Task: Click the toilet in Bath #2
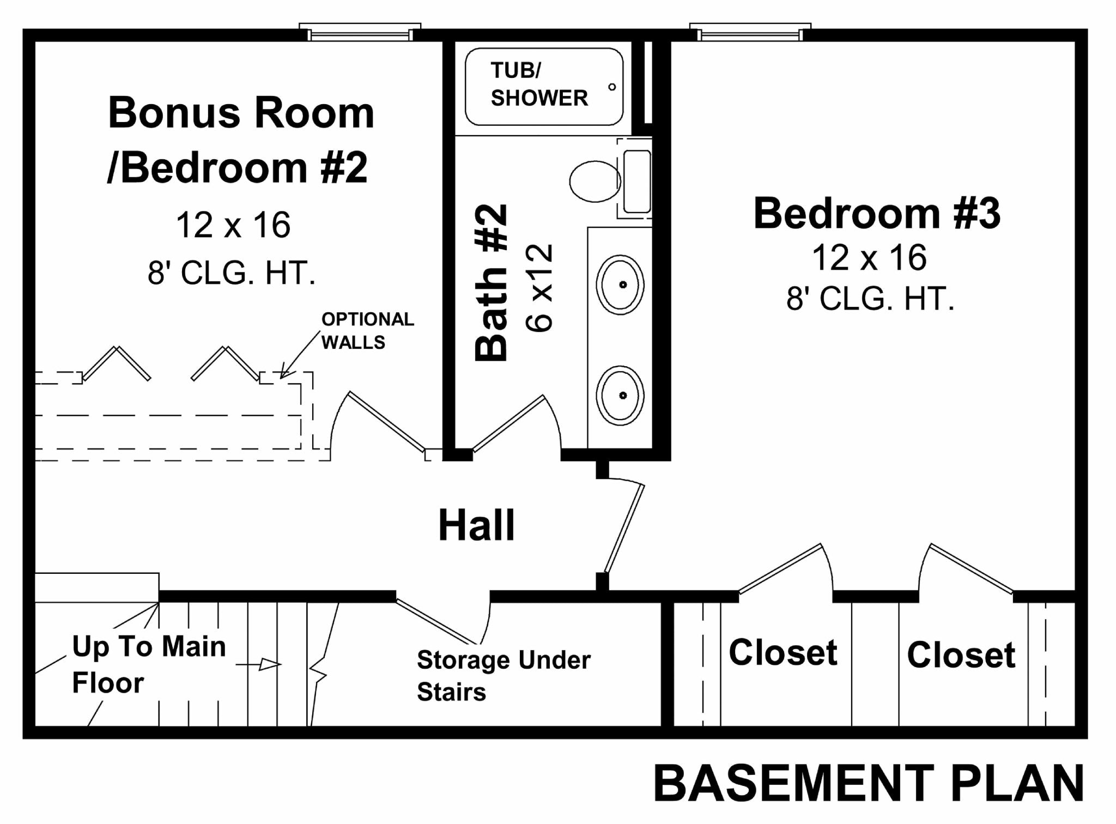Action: tap(595, 181)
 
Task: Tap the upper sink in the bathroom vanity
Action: tap(620, 284)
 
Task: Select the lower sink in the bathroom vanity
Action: tap(620, 395)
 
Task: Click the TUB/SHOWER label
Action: tap(539, 84)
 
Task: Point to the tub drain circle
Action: tap(612, 87)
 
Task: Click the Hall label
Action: tap(476, 525)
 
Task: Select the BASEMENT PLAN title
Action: tap(869, 784)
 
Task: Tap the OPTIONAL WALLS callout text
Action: tap(367, 330)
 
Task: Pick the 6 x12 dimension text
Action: tap(539, 288)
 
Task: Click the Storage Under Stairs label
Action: tap(503, 675)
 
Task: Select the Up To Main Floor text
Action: tap(148, 664)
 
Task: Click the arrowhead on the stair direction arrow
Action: tap(270, 664)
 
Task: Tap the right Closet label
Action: tap(961, 654)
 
